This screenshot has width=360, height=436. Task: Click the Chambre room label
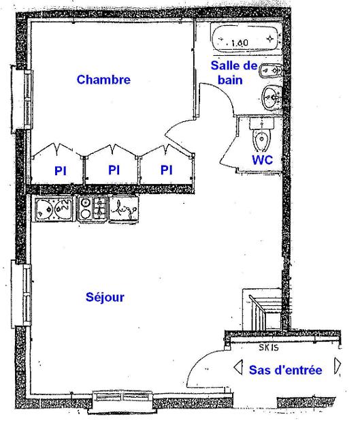(x=103, y=80)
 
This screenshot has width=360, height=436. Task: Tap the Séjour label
(x=105, y=297)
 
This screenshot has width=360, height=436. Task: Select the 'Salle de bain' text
(x=234, y=73)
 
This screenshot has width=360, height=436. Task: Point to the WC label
(x=262, y=160)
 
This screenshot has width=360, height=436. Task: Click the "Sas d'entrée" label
(x=286, y=370)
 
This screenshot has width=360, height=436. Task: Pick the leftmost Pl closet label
(x=61, y=171)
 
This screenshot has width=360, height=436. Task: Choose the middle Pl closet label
(x=114, y=170)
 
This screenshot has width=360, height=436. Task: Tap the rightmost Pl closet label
(x=166, y=170)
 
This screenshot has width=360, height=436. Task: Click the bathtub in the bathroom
(x=245, y=38)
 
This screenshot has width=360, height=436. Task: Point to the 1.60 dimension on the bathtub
(x=240, y=43)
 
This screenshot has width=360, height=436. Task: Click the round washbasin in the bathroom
(x=271, y=97)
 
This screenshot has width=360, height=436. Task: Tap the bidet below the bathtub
(x=271, y=71)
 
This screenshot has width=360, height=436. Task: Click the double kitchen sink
(x=54, y=208)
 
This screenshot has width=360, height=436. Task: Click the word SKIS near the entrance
(x=269, y=347)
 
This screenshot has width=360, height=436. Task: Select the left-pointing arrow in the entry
(x=238, y=367)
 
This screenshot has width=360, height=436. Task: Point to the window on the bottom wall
(x=122, y=401)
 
